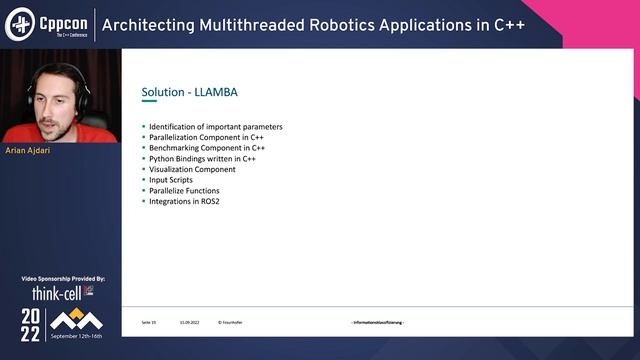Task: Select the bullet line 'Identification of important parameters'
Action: pos(215,127)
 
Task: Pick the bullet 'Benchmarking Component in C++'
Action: pos(206,148)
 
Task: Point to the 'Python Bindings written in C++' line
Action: pos(204,158)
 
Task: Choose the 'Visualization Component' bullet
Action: pos(194,169)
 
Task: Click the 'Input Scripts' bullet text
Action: pos(172,180)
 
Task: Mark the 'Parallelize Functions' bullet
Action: pos(183,190)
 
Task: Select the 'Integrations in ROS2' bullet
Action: pos(184,201)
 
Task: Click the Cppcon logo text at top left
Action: pos(62,20)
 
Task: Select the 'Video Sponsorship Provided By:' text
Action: pos(62,278)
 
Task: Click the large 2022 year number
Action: pos(32,324)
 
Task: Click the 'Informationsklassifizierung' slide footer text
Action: pos(377,322)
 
